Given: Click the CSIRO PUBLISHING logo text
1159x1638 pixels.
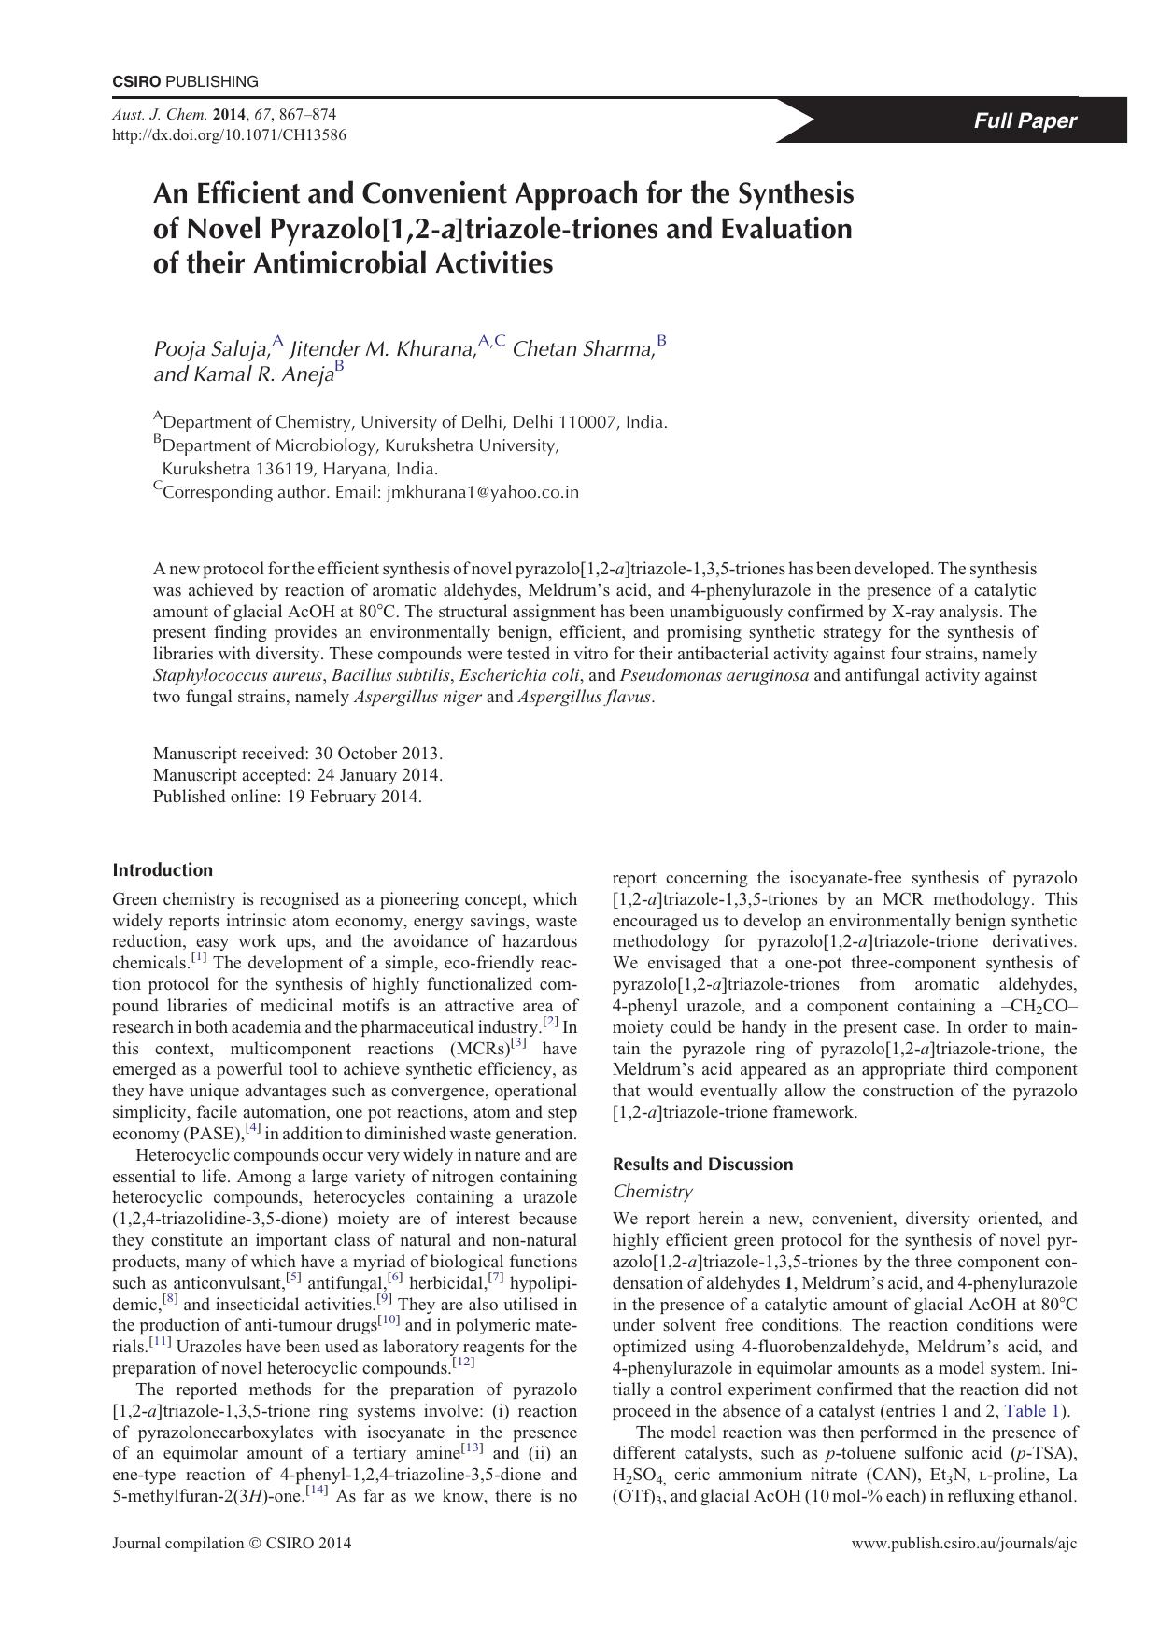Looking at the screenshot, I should (x=185, y=81).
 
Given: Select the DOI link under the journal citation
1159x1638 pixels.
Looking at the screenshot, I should (x=229, y=134).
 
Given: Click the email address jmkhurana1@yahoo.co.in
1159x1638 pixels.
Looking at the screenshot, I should (x=482, y=492).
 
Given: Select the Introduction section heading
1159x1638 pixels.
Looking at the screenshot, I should (x=163, y=870).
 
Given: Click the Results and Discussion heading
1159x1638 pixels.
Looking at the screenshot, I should (x=702, y=1165).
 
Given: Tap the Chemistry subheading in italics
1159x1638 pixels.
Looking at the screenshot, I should (x=652, y=1192).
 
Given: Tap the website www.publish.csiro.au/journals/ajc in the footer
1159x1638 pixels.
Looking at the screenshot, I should (x=964, y=1544).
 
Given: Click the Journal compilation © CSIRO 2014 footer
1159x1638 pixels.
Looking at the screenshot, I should (x=232, y=1544).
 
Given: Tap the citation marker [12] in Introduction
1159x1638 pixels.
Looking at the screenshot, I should (x=463, y=1363).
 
